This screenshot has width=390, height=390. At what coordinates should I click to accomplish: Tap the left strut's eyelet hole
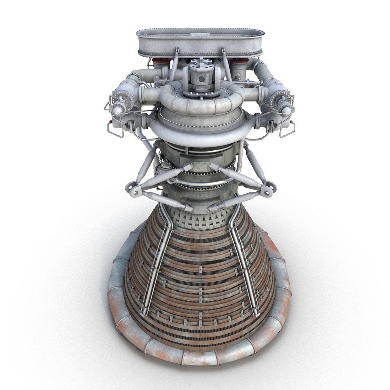(x=136, y=192)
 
